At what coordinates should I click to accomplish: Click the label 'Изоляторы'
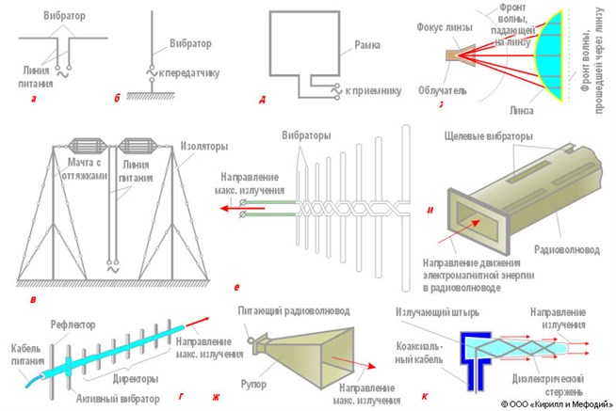tap(202, 148)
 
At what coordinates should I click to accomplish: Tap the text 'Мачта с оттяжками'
tap(92, 171)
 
